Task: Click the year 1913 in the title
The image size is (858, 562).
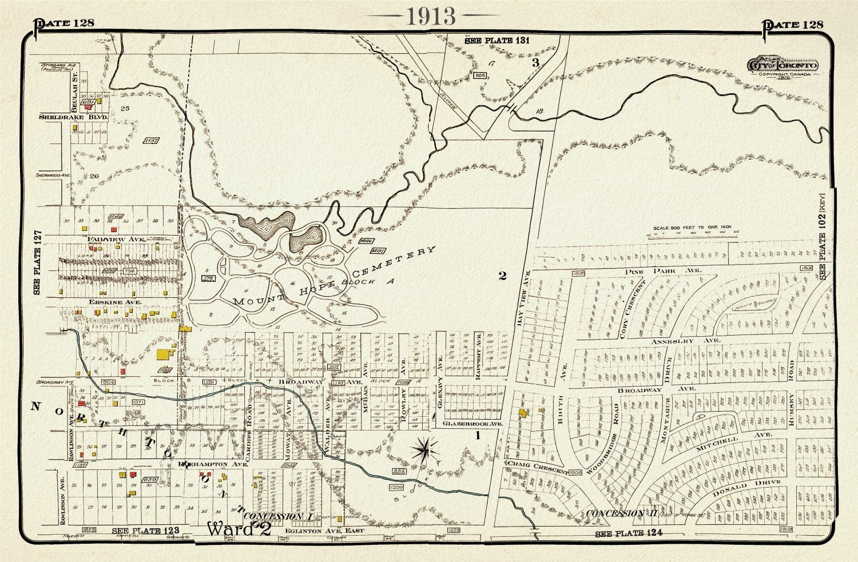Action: (431, 16)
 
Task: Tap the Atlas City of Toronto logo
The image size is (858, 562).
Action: (782, 66)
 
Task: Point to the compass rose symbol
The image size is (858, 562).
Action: (426, 448)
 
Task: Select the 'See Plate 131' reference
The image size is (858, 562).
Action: (496, 41)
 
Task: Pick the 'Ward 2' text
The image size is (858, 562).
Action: (239, 529)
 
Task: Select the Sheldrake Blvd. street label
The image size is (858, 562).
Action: (73, 117)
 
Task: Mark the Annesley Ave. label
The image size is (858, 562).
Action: (685, 341)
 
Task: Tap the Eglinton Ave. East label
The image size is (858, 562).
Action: (324, 531)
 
